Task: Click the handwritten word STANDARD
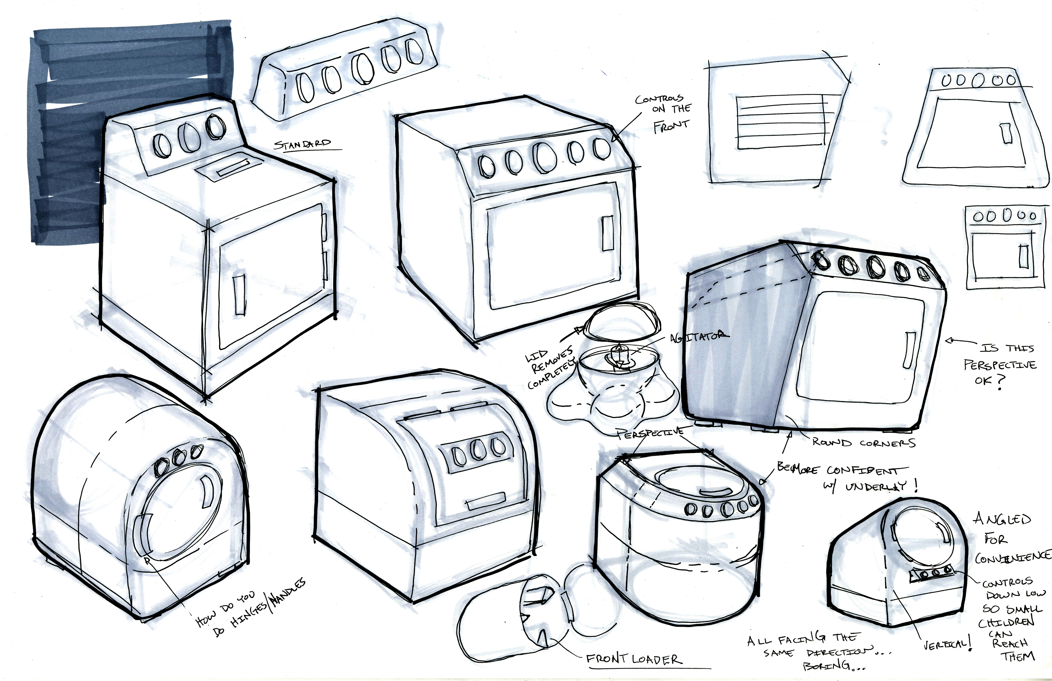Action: [303, 144]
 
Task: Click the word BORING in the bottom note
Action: [826, 666]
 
